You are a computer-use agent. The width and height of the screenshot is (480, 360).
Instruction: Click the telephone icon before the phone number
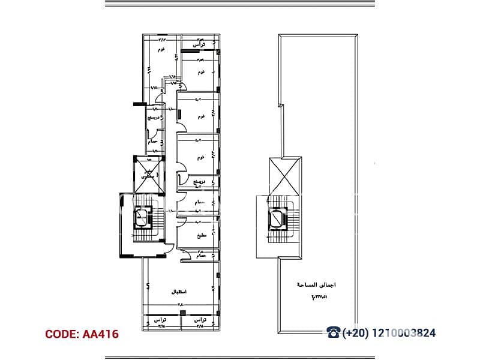coord(334,333)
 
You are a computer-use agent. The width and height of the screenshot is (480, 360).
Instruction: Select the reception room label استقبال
coord(179,292)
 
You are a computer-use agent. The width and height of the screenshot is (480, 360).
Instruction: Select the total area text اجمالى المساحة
coord(318,286)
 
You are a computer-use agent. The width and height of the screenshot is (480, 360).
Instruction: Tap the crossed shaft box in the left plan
coord(148,175)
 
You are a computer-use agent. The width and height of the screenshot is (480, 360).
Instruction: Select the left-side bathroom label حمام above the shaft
coord(154,142)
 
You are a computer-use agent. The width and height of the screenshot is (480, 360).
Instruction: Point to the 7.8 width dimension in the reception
coord(179,305)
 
